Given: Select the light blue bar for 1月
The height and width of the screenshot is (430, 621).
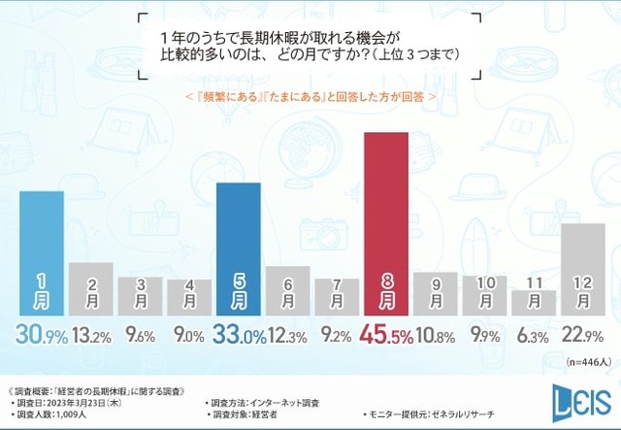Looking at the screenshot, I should click(41, 252).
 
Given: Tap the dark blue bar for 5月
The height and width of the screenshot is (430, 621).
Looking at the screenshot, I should click(238, 248).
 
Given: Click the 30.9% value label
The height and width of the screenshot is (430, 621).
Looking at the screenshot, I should click(41, 335).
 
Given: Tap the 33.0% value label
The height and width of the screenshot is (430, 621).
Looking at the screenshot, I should click(238, 335).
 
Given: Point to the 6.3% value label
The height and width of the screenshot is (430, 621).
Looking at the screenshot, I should click(533, 336).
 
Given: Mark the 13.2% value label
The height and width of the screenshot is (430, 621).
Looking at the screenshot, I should click(90, 336).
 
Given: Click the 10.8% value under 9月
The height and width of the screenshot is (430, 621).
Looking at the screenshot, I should click(434, 336).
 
